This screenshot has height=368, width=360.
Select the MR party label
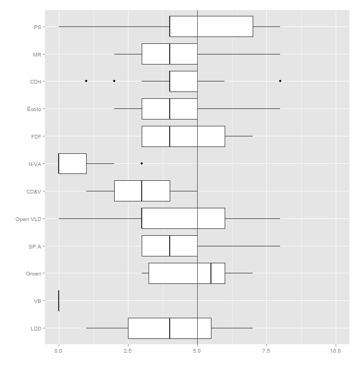[x=37, y=54]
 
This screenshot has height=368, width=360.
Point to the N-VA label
[x=35, y=164]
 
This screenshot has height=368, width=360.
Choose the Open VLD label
[x=29, y=219]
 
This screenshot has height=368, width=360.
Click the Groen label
[x=34, y=274]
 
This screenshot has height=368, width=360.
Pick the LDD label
[x=36, y=329]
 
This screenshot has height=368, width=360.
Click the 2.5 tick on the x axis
[x=127, y=350]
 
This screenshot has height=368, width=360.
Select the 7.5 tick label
[x=266, y=350]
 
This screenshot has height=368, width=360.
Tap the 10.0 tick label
[x=336, y=350]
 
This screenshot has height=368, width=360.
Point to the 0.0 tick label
[x=58, y=350]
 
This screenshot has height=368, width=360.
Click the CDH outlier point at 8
[x=280, y=81]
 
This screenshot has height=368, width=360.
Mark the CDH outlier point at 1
[x=86, y=81]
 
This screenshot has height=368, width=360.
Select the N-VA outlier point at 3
[x=142, y=163]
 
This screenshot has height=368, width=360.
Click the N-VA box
[x=72, y=163]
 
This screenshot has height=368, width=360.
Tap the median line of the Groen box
[x=211, y=273]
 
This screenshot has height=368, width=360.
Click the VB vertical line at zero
[x=59, y=301]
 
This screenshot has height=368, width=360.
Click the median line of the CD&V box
[x=142, y=191]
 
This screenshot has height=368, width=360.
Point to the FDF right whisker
[x=239, y=136]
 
